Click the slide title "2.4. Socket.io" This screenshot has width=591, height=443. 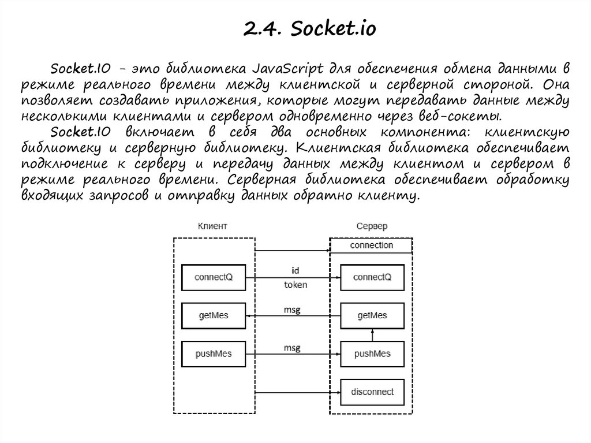(310, 28)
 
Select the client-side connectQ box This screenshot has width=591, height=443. (214, 277)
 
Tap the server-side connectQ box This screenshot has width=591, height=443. (372, 277)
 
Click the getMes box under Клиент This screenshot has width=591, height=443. (214, 315)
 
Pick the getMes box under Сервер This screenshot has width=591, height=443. (372, 315)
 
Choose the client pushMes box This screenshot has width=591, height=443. (214, 353)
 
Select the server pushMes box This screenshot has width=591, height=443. (372, 353)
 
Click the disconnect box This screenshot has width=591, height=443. (372, 392)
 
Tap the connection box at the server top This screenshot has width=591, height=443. (372, 245)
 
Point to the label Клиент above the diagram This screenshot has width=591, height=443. (212, 226)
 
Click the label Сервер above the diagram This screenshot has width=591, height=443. (372, 226)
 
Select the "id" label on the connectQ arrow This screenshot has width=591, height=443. (295, 270)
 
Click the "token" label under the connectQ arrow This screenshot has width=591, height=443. (295, 285)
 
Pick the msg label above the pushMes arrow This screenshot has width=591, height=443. (292, 348)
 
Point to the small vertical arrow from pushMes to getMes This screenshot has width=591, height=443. (373, 334)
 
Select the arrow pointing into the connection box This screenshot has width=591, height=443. (292, 251)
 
